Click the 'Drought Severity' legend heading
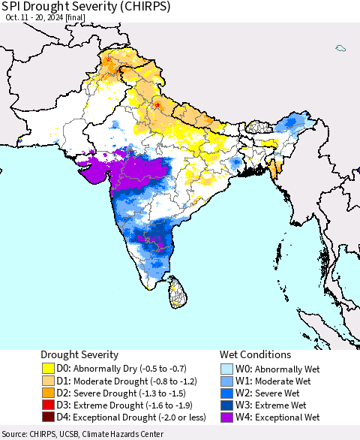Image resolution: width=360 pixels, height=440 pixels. click(x=80, y=354)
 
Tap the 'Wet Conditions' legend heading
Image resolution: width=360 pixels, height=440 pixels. click(x=255, y=354)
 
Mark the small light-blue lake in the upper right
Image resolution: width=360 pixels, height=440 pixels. click(x=340, y=49)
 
